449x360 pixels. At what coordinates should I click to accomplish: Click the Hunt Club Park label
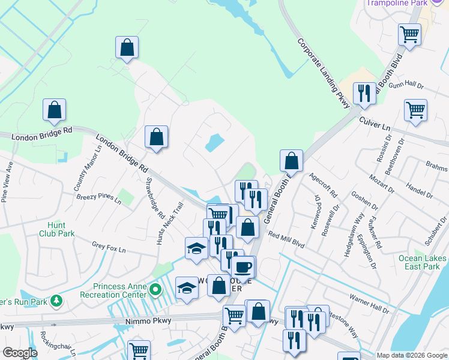tap(57, 229)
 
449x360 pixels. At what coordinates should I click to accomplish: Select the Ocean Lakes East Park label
tap(423, 262)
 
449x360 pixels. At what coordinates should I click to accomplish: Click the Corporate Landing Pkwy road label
tap(324, 74)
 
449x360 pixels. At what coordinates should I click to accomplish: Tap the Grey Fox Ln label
tap(107, 245)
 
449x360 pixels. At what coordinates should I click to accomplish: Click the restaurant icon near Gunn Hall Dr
tap(364, 93)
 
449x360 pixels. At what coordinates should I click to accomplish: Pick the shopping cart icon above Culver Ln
tap(415, 110)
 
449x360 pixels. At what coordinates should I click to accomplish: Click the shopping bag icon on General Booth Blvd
tap(291, 160)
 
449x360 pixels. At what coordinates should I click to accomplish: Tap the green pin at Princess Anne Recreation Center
tap(156, 290)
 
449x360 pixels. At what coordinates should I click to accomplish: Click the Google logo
tap(20, 353)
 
